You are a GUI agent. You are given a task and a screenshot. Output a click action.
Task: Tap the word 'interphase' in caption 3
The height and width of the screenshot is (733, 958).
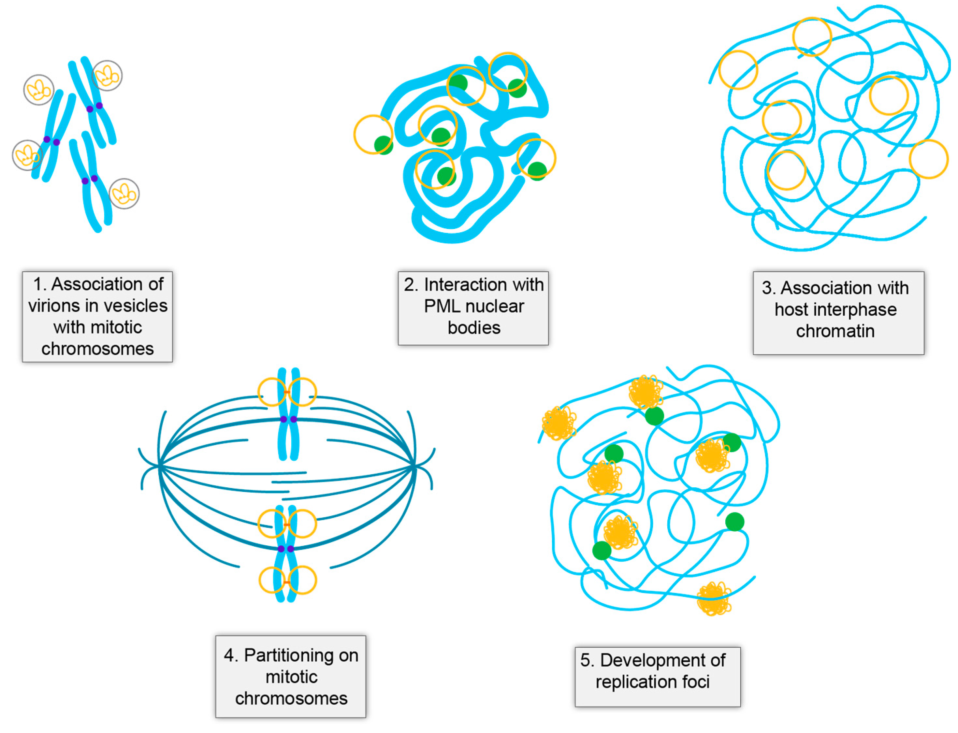tap(848, 309)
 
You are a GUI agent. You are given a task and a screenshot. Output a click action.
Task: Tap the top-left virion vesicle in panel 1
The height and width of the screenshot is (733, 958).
tap(39, 90)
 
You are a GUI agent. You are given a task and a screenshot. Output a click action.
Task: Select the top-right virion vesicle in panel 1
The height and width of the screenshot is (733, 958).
tap(107, 76)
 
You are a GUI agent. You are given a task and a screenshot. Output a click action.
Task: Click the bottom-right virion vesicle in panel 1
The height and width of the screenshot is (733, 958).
tap(124, 194)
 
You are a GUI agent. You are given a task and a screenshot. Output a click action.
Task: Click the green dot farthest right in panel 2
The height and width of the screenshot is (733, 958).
tap(537, 171)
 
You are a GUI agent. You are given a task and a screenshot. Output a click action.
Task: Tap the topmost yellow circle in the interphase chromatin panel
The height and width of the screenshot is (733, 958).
tap(812, 36)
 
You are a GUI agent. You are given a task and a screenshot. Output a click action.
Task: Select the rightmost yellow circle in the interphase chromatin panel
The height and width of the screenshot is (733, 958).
tap(929, 159)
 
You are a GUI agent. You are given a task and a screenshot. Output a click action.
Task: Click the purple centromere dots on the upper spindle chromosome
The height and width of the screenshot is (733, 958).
tap(288, 419)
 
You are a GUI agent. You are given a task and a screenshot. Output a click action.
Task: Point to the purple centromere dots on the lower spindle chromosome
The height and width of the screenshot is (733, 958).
tap(286, 549)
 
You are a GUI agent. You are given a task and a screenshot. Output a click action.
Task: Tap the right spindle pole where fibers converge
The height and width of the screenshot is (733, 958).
tap(413, 467)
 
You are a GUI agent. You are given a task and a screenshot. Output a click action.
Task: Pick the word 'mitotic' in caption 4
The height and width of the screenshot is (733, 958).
tap(292, 677)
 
